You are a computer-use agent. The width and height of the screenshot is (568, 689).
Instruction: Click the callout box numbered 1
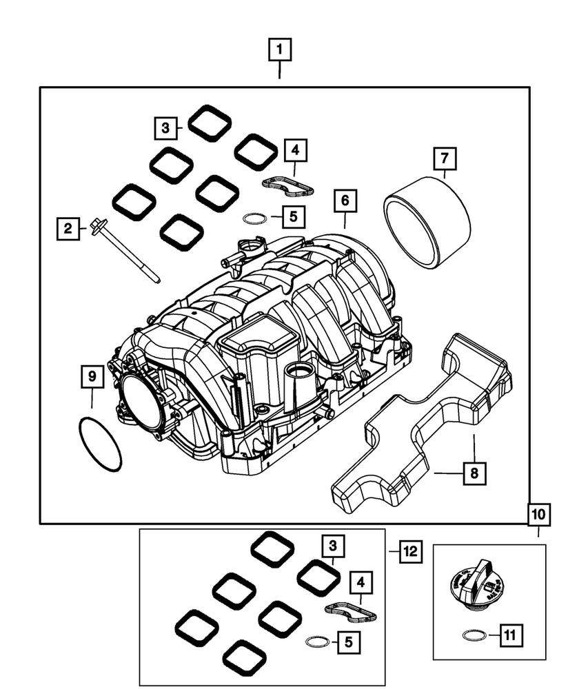click(280, 50)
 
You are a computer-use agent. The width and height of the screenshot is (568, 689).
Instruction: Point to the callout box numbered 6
click(345, 201)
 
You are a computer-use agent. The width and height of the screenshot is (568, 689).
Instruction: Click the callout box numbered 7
click(445, 159)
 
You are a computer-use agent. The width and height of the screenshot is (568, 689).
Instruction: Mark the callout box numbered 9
click(92, 378)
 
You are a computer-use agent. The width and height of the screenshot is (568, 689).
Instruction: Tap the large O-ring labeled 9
click(101, 445)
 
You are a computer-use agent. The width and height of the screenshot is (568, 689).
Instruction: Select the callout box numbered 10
click(539, 514)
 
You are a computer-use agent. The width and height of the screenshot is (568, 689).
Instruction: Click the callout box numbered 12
click(410, 551)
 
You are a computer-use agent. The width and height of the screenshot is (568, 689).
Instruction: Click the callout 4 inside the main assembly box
click(295, 150)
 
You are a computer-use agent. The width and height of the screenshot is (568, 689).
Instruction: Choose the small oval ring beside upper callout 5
click(254, 219)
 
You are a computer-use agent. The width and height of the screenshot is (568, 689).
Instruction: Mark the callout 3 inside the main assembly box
click(165, 127)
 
